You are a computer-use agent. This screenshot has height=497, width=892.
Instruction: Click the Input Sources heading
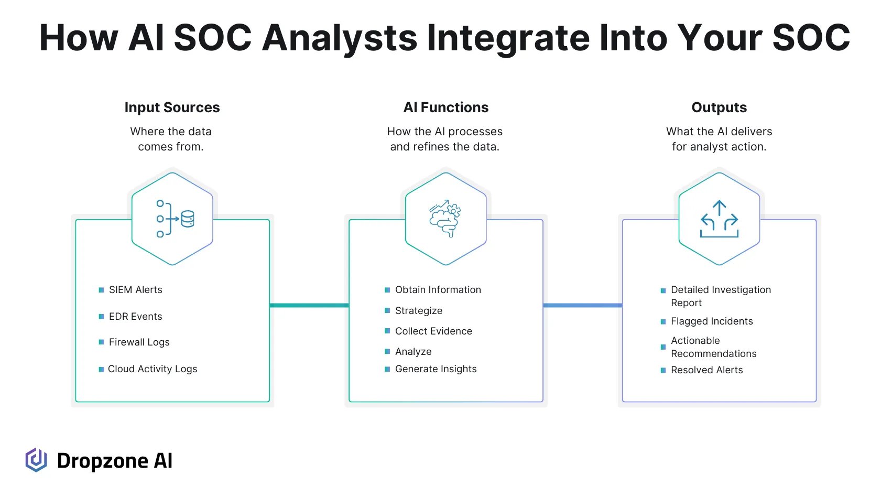click(172, 107)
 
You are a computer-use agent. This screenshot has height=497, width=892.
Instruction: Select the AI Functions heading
click(445, 107)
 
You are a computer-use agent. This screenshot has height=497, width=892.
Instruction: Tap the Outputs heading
click(719, 107)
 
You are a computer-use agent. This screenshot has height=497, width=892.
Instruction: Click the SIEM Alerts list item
click(135, 290)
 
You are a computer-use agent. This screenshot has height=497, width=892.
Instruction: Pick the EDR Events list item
click(135, 317)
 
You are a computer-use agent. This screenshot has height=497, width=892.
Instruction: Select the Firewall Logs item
click(139, 342)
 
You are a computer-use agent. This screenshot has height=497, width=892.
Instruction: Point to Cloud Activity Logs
click(153, 369)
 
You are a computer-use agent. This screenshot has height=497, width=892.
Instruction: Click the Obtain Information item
click(438, 290)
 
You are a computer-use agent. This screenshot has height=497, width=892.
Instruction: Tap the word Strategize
click(418, 311)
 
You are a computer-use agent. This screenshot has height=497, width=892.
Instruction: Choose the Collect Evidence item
click(433, 331)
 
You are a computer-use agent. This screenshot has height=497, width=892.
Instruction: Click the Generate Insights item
click(436, 369)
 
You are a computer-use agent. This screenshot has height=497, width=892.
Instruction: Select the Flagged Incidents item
click(712, 321)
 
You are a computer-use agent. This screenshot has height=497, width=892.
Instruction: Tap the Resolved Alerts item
click(706, 370)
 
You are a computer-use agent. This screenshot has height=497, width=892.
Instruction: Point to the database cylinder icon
click(188, 219)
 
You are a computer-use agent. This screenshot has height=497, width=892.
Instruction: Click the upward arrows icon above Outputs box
click(719, 219)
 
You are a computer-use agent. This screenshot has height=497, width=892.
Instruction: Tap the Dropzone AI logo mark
click(36, 460)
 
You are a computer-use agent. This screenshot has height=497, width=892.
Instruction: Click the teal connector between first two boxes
click(309, 305)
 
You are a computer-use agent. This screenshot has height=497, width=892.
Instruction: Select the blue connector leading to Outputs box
click(583, 305)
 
